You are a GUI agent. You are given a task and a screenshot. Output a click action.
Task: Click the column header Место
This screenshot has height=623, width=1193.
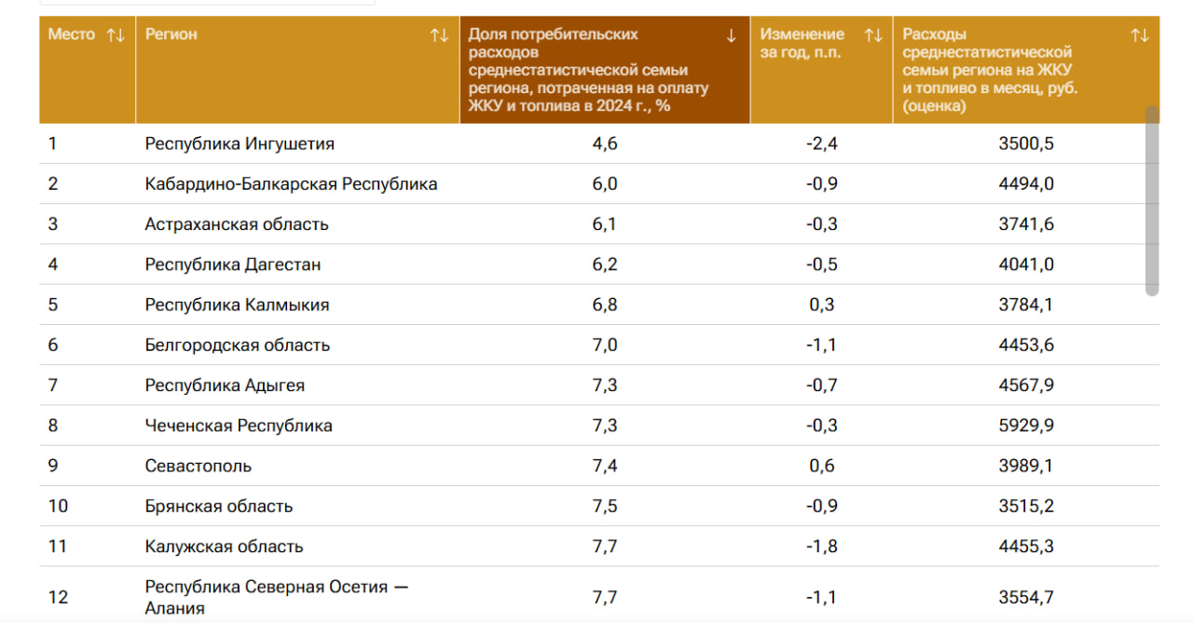pyautogui.click(x=72, y=34)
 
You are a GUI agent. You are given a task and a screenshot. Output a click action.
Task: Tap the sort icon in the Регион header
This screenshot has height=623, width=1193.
pyautogui.click(x=439, y=35)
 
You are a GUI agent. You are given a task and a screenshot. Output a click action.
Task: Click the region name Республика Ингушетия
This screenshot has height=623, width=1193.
pyautogui.click(x=240, y=144)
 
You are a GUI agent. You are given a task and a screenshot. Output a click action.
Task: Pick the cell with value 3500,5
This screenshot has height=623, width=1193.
pyautogui.click(x=1025, y=144)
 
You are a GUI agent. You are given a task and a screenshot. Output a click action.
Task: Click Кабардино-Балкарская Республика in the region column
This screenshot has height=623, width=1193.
pyautogui.click(x=291, y=184)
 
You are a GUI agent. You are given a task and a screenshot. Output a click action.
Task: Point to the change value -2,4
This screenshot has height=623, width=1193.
pyautogui.click(x=821, y=144)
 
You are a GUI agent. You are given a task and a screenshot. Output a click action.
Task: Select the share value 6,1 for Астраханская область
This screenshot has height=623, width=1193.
pyautogui.click(x=605, y=224)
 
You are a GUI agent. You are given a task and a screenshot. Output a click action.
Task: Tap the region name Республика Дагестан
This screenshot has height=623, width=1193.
pyautogui.click(x=233, y=264)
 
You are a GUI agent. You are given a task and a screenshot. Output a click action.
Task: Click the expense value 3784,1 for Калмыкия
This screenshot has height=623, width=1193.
pyautogui.click(x=1025, y=305)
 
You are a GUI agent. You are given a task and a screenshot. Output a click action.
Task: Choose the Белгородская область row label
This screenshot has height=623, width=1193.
pyautogui.click(x=238, y=345)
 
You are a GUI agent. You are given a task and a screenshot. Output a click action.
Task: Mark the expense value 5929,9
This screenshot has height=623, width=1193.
pyautogui.click(x=1025, y=426)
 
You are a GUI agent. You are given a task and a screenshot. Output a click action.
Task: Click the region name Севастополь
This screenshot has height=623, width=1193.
pyautogui.click(x=199, y=466)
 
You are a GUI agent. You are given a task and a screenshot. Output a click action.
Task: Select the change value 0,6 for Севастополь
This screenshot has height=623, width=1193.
pyautogui.click(x=822, y=466)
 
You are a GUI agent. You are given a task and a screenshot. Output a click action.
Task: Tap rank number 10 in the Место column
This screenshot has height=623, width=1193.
pyautogui.click(x=58, y=506)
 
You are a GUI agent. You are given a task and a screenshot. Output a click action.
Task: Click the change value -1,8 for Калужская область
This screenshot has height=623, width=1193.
pyautogui.click(x=821, y=546)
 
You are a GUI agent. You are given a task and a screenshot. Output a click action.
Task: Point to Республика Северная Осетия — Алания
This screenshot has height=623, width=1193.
pyautogui.click(x=277, y=597)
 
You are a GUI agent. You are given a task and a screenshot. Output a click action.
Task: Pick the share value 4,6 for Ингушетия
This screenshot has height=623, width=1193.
pyautogui.click(x=605, y=144)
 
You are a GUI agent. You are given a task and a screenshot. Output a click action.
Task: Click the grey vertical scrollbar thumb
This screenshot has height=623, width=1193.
pyautogui.click(x=1152, y=200)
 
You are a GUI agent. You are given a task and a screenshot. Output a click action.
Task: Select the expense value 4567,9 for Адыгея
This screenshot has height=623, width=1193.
pyautogui.click(x=1025, y=386)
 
